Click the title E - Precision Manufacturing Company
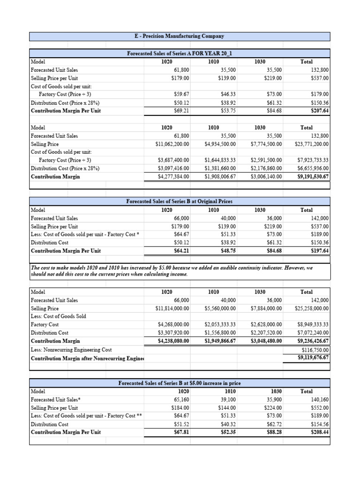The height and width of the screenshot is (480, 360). click(x=180, y=36)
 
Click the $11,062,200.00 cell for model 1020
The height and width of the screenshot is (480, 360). click(x=172, y=144)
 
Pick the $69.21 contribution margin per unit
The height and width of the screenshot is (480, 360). click(x=180, y=111)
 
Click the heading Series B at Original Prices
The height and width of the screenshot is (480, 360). click(x=180, y=201)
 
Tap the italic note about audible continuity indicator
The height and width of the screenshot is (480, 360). click(x=171, y=271)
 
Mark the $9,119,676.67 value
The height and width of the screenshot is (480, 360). click(x=313, y=358)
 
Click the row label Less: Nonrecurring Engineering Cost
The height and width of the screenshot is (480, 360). click(x=71, y=350)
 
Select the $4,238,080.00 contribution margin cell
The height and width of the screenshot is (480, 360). click(x=172, y=341)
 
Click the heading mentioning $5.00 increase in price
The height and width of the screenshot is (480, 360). click(x=180, y=383)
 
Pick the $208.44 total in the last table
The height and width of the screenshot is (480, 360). click(x=320, y=432)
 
